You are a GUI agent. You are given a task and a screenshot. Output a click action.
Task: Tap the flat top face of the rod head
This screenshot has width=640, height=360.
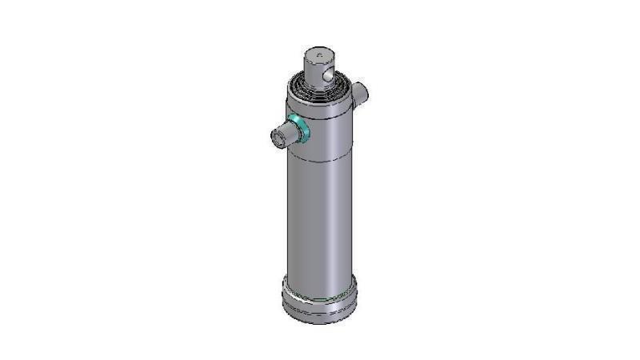(x=319, y=54)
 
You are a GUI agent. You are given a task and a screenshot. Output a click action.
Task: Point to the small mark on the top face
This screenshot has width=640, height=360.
(x=319, y=54)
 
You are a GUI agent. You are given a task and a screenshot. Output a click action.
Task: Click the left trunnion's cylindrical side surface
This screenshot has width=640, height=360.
(x=289, y=133)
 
